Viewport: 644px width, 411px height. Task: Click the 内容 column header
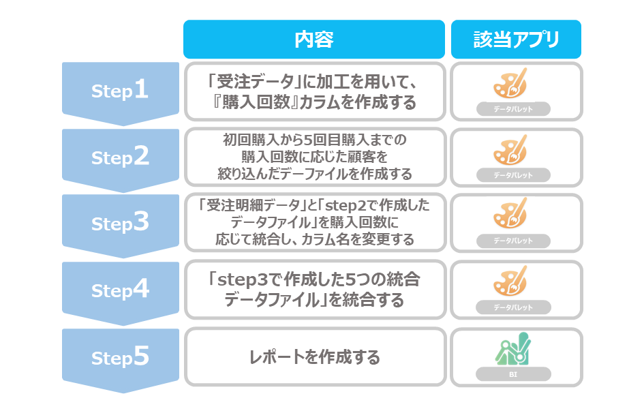(x=313, y=40)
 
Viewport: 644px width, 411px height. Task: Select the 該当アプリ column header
(x=516, y=40)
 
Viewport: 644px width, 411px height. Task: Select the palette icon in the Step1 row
(x=510, y=83)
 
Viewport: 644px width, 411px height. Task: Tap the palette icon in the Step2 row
(x=510, y=150)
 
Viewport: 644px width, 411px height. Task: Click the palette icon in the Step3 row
(x=510, y=213)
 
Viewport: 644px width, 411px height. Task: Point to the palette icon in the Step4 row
(x=510, y=281)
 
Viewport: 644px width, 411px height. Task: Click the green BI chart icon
(x=513, y=348)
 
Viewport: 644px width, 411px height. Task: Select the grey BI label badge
(x=513, y=374)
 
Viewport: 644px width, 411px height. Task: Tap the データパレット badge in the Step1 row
(x=513, y=109)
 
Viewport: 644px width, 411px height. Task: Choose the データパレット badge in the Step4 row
(x=513, y=307)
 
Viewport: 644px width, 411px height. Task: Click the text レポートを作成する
(x=315, y=357)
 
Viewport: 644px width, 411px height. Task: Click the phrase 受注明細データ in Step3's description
(x=253, y=204)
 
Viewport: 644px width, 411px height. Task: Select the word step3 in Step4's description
(x=243, y=280)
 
